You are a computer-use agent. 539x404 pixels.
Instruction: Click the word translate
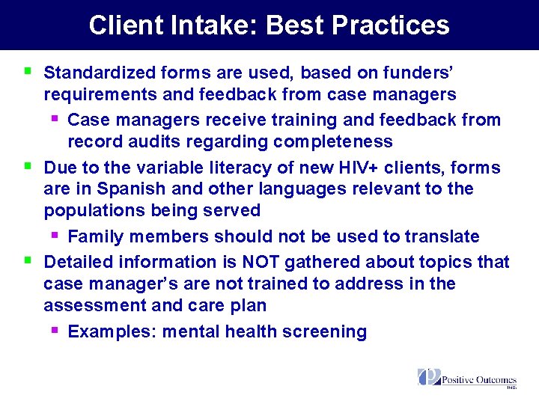tap(442, 236)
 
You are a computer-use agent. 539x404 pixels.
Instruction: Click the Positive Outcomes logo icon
tap(429, 377)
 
